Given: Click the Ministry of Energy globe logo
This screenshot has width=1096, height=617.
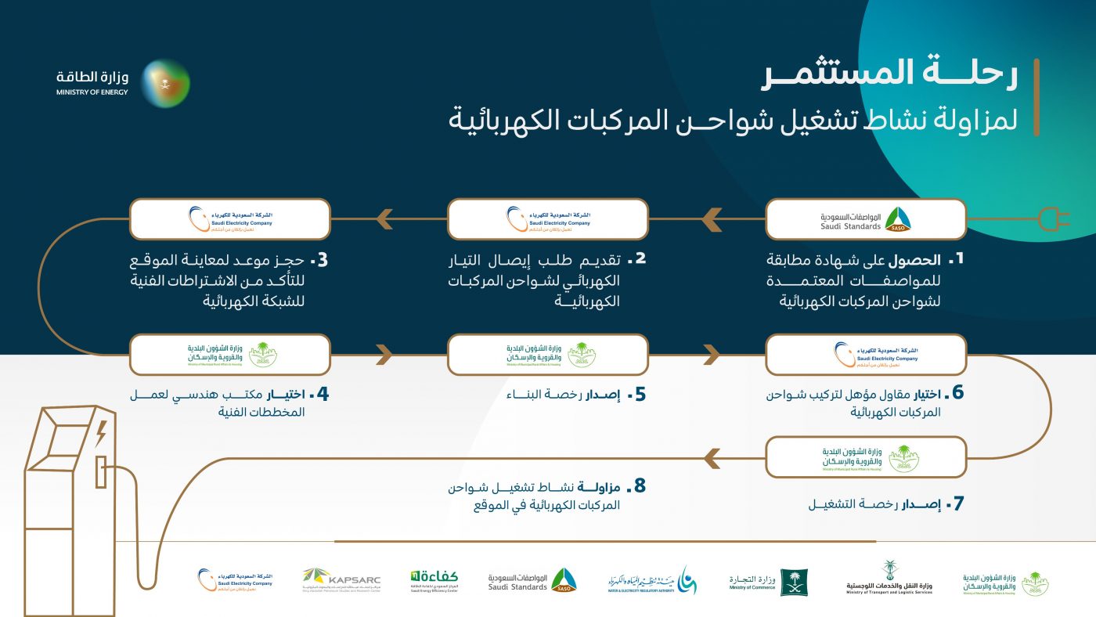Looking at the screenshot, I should (166, 83).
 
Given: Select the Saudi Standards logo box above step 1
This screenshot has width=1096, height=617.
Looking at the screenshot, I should (866, 219).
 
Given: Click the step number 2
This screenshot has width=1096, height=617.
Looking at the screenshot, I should (640, 258).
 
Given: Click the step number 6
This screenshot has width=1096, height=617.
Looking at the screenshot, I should (957, 392).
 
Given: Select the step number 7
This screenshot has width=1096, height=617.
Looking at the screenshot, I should (956, 503).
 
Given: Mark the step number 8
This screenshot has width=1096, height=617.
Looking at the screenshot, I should (640, 486).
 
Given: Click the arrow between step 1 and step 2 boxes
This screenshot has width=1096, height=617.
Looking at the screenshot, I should (711, 219).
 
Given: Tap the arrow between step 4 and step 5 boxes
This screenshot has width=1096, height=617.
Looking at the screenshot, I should (383, 355).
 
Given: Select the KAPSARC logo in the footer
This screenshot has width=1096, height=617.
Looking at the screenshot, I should (341, 580).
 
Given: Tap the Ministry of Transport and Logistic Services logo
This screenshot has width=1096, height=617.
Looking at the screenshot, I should (889, 579).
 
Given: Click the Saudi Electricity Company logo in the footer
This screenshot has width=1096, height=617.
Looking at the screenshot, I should (235, 580).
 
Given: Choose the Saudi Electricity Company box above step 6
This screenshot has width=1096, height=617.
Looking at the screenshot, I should (866, 355).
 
